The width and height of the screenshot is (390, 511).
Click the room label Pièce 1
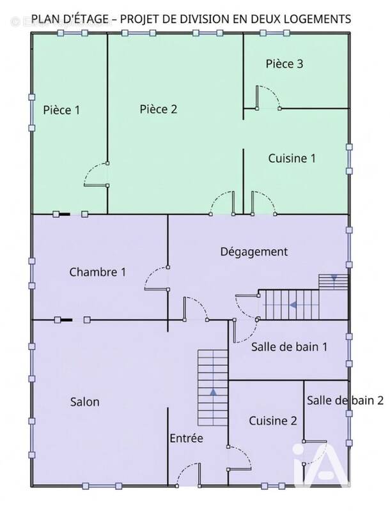(61, 110)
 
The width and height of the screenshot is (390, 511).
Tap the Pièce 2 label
(158, 109)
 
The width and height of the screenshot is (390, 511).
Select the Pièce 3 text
(285, 64)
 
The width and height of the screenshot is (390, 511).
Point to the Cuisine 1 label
(292, 158)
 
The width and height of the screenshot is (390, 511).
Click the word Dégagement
(254, 252)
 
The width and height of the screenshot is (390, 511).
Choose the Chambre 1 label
(97, 272)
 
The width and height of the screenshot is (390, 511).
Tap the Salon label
(84, 402)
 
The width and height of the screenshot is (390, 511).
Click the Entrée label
(186, 439)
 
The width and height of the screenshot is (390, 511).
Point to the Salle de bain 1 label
(289, 347)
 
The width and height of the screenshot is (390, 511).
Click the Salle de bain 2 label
(345, 400)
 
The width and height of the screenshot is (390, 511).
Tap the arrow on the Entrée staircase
(213, 391)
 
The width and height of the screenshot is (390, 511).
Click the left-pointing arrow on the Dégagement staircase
(293, 305)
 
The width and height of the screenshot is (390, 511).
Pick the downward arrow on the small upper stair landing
(333, 278)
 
